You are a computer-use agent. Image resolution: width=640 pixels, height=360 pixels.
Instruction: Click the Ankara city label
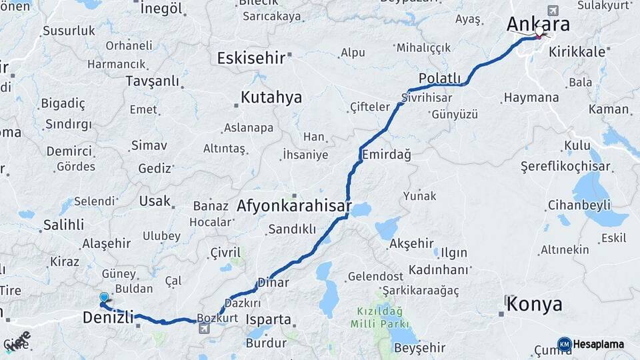[538, 24]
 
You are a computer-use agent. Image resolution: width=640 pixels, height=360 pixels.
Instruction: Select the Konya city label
[534, 305]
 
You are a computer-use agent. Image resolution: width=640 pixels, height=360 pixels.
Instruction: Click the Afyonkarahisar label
[294, 207]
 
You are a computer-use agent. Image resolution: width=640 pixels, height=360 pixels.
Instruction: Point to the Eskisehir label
[251, 58]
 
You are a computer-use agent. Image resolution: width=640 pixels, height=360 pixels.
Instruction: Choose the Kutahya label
[271, 97]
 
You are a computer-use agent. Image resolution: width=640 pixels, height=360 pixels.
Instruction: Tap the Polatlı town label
[440, 79]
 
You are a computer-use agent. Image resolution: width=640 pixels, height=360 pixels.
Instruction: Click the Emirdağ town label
[386, 154]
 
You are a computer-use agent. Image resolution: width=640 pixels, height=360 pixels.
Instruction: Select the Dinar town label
[273, 283]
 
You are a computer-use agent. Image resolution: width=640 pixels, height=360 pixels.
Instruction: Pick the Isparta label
[269, 319]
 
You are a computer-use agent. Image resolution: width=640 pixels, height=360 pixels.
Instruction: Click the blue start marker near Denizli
[104, 297]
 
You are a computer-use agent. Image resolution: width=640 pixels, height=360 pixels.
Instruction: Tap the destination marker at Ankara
[539, 33]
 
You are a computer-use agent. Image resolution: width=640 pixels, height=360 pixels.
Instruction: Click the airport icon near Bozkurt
[203, 328]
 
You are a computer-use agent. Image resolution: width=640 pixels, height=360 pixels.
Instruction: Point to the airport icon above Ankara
[552, 11]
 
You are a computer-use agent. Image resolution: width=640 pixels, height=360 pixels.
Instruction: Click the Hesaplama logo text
[599, 345]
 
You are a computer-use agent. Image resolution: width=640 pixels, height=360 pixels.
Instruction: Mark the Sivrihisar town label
[427, 97]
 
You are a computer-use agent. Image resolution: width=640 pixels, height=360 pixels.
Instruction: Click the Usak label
[155, 201]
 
